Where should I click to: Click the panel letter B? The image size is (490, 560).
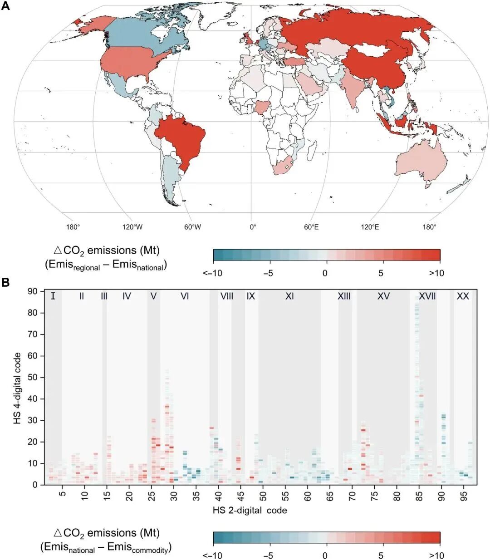point(6,283)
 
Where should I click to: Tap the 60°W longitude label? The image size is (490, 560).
point(192,227)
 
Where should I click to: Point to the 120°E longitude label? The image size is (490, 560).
point(370,227)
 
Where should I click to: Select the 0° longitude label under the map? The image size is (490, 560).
point(252,227)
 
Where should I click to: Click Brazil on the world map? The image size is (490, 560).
point(181,138)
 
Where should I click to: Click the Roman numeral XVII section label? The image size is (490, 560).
point(427,296)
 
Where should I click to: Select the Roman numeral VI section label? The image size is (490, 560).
point(185,296)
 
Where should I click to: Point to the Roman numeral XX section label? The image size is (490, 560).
point(462,296)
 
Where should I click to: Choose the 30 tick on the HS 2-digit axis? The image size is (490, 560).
point(174,493)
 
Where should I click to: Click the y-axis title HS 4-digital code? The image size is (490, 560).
point(18,388)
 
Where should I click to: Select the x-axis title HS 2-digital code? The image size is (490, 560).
point(250,510)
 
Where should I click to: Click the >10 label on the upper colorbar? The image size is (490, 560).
point(436,273)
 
